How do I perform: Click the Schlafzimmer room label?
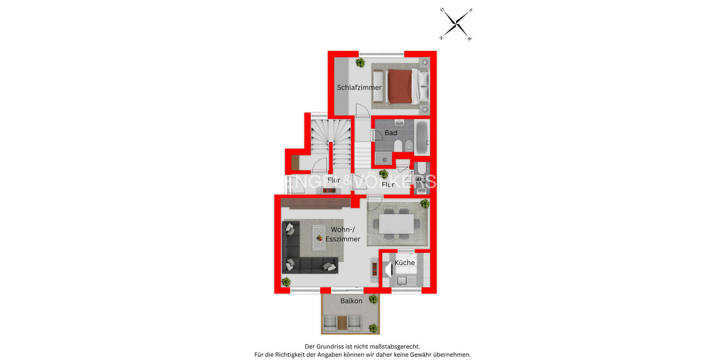click(x=359, y=88)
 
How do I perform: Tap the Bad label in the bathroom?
click(x=391, y=133)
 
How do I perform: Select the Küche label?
click(x=404, y=263)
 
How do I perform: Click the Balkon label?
click(x=351, y=301)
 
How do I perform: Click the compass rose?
click(x=457, y=23)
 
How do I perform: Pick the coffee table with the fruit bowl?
click(x=320, y=238)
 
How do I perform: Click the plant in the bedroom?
click(x=360, y=62)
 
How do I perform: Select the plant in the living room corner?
click(x=286, y=281)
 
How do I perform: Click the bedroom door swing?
click(x=362, y=110)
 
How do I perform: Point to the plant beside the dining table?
click(x=425, y=203)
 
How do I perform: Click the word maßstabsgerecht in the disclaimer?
click(x=394, y=346)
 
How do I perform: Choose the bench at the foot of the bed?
click(x=379, y=86)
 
